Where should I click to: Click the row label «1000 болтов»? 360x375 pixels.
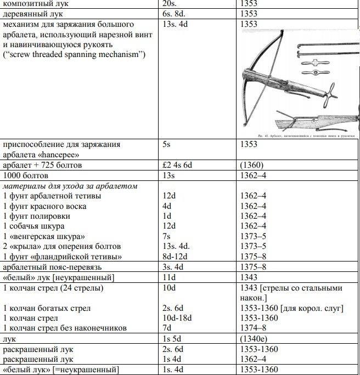pyautogui.click(x=25, y=175)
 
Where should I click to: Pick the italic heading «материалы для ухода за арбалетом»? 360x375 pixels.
pyautogui.click(x=70, y=186)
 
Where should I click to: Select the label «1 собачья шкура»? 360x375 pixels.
pyautogui.click(x=34, y=226)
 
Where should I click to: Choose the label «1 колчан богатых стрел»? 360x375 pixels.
pyautogui.click(x=47, y=308)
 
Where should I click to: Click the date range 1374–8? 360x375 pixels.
pyautogui.click(x=253, y=328)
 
